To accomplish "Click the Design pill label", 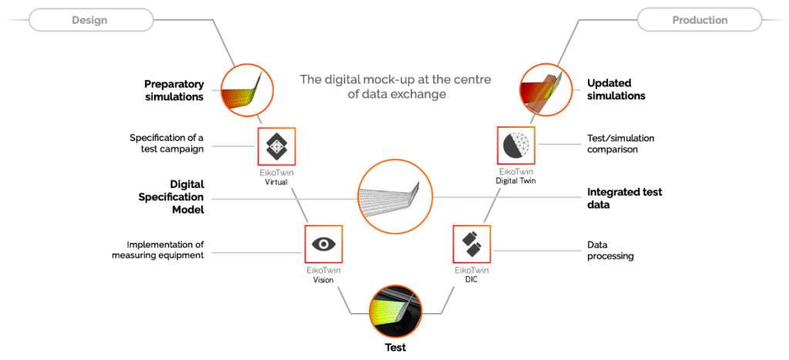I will [x=89, y=20].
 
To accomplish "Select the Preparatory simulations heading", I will [x=174, y=90].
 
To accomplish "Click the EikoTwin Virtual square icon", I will [x=277, y=146].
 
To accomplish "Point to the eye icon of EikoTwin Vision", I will [x=324, y=244].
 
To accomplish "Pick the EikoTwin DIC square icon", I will [x=472, y=244].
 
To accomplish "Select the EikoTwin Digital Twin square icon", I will [x=516, y=146].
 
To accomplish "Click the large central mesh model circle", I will [x=394, y=197].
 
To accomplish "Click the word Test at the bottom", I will [x=395, y=347].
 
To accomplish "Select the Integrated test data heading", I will [x=624, y=198].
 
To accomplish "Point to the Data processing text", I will [x=610, y=250].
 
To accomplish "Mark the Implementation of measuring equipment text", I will [x=158, y=250].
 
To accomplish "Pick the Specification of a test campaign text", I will [x=166, y=143].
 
